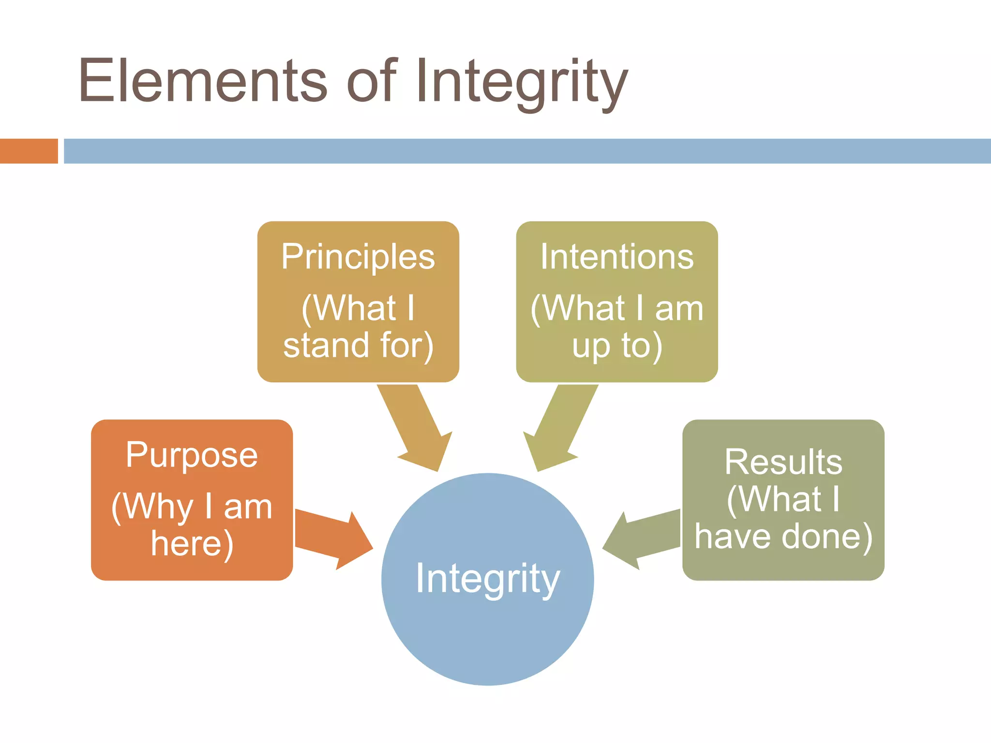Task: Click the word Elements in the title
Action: click(203, 81)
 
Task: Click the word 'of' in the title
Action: click(372, 81)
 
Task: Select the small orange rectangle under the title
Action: click(29, 151)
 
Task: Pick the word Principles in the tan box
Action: click(358, 257)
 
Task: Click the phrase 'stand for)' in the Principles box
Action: click(358, 345)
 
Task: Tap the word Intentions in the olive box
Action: click(617, 257)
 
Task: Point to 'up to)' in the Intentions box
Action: click(617, 346)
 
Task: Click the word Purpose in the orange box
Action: click(192, 456)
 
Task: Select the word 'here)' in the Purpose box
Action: click(192, 544)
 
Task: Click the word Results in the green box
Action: click(783, 462)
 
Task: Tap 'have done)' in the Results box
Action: click(783, 537)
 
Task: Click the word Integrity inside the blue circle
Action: click(488, 579)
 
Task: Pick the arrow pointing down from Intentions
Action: click(559, 428)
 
